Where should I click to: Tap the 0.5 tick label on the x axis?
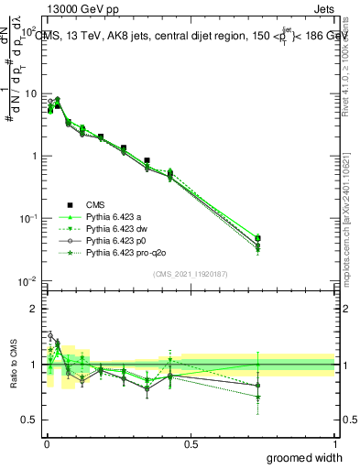pyautogui.click(x=191, y=443)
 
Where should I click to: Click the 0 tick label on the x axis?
pyautogui.click(x=46, y=443)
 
